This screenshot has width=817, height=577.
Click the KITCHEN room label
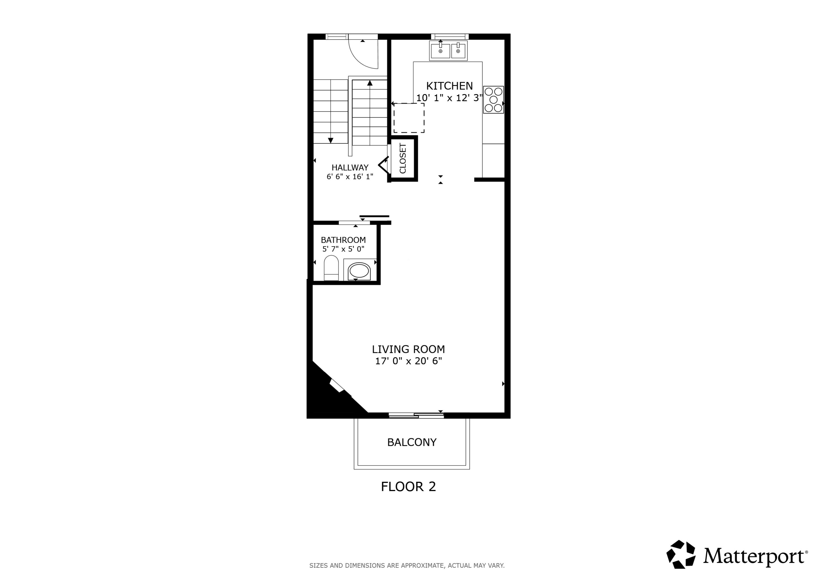pos(449,86)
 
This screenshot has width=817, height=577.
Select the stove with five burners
pos(493,100)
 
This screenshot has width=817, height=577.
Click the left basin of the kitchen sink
pos(440,51)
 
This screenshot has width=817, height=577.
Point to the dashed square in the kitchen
pos(408,118)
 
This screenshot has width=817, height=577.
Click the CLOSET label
pos(403,159)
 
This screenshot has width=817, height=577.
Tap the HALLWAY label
pos(350,168)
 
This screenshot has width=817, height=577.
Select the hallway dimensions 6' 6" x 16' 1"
pos(350,177)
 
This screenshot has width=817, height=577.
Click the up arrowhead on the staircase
pos(370,83)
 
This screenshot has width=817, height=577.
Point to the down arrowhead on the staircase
pos(331,140)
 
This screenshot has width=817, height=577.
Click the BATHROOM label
pos(343,240)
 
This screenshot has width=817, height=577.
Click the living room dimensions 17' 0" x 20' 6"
pos(408,361)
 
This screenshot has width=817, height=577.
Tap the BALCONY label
pos(412,442)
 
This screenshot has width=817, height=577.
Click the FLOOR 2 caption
pos(408,487)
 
